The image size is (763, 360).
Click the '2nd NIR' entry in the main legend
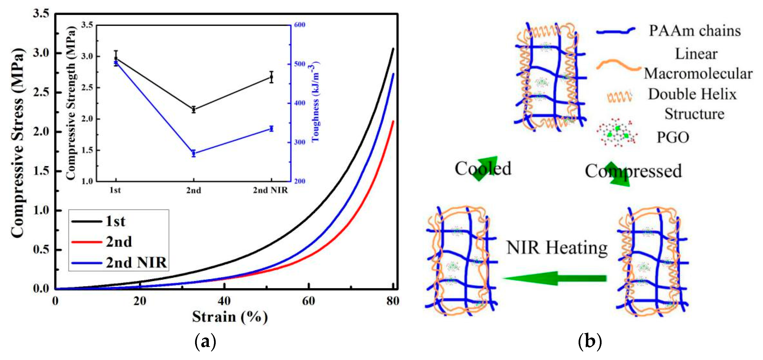[x=136, y=263]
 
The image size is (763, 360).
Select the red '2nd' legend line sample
[x=87, y=242]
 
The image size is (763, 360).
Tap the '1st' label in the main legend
[x=115, y=221]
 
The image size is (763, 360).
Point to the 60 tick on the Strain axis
[x=308, y=301]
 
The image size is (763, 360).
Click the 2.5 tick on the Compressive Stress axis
[x=41, y=92]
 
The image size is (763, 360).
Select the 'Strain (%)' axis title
[x=230, y=317]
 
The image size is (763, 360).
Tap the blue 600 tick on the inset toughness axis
[x=299, y=25]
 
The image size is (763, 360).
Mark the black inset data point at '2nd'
[x=193, y=109]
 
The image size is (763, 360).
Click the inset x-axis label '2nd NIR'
[x=270, y=190]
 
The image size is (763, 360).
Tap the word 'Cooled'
[x=483, y=168]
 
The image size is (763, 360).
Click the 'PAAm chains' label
[x=694, y=31]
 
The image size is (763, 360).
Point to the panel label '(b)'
[x=590, y=342]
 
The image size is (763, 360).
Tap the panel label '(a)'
[x=205, y=342]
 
